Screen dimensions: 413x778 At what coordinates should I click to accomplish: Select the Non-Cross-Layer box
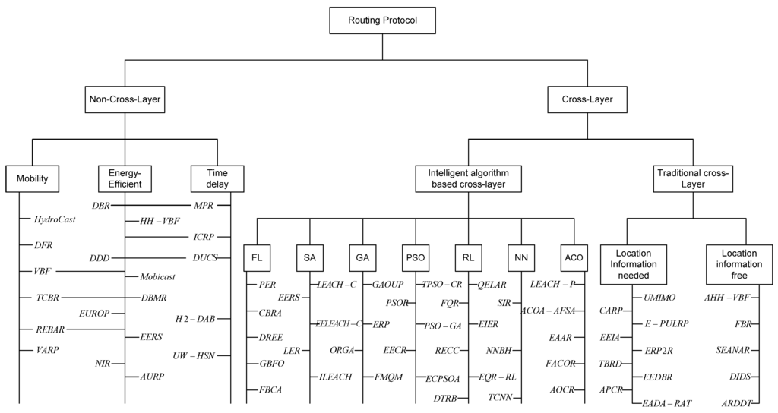pos(125,99)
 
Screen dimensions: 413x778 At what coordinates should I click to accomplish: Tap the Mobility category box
pos(32,179)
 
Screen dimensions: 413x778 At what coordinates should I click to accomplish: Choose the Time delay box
pos(217,178)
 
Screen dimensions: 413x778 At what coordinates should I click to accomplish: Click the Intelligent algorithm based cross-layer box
pos(468,178)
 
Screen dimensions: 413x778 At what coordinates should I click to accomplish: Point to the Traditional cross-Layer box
pos(692,178)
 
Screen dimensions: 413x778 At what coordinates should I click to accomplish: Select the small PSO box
pos(416,257)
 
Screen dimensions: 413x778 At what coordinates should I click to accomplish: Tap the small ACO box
pos(574,257)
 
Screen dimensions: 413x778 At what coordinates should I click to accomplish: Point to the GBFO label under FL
pos(270,364)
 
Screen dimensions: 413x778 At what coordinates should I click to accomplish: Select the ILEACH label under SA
pos(333,377)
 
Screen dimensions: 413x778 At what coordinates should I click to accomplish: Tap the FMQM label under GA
pos(388,377)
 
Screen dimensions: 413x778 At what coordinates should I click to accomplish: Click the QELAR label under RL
pos(492,284)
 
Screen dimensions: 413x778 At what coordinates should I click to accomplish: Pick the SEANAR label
pos(734,349)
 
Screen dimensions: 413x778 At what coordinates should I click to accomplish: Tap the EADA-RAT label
pos(666,402)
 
